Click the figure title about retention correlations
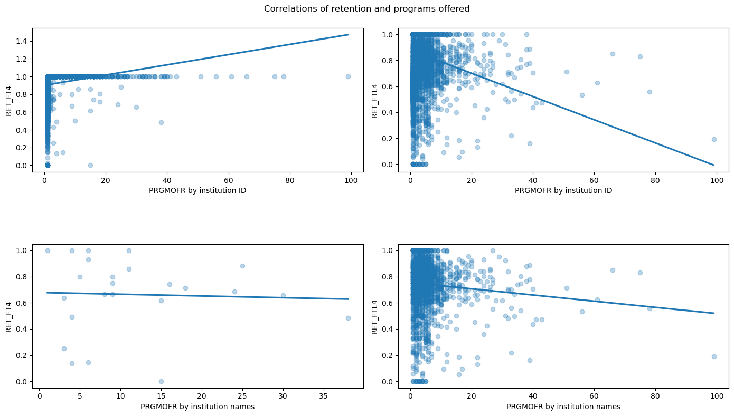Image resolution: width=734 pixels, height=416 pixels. coord(366,9)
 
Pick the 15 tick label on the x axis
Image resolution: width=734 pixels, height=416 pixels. coord(161,395)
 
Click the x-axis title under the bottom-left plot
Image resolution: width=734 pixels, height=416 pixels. coord(197,407)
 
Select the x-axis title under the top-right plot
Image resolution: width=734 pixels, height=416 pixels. coord(563,190)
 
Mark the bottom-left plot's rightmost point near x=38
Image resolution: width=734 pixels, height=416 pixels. coord(348,318)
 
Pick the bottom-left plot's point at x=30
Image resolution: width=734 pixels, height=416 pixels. coord(283,295)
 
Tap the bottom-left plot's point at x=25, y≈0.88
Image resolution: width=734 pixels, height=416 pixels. coord(242,266)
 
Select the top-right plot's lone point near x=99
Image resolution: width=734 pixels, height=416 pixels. coord(714,139)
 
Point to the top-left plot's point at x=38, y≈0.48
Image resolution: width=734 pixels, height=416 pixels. coord(161,122)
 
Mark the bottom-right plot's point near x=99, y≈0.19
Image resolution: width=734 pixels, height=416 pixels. coord(714,356)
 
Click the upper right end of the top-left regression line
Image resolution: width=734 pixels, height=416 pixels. coord(349,35)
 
